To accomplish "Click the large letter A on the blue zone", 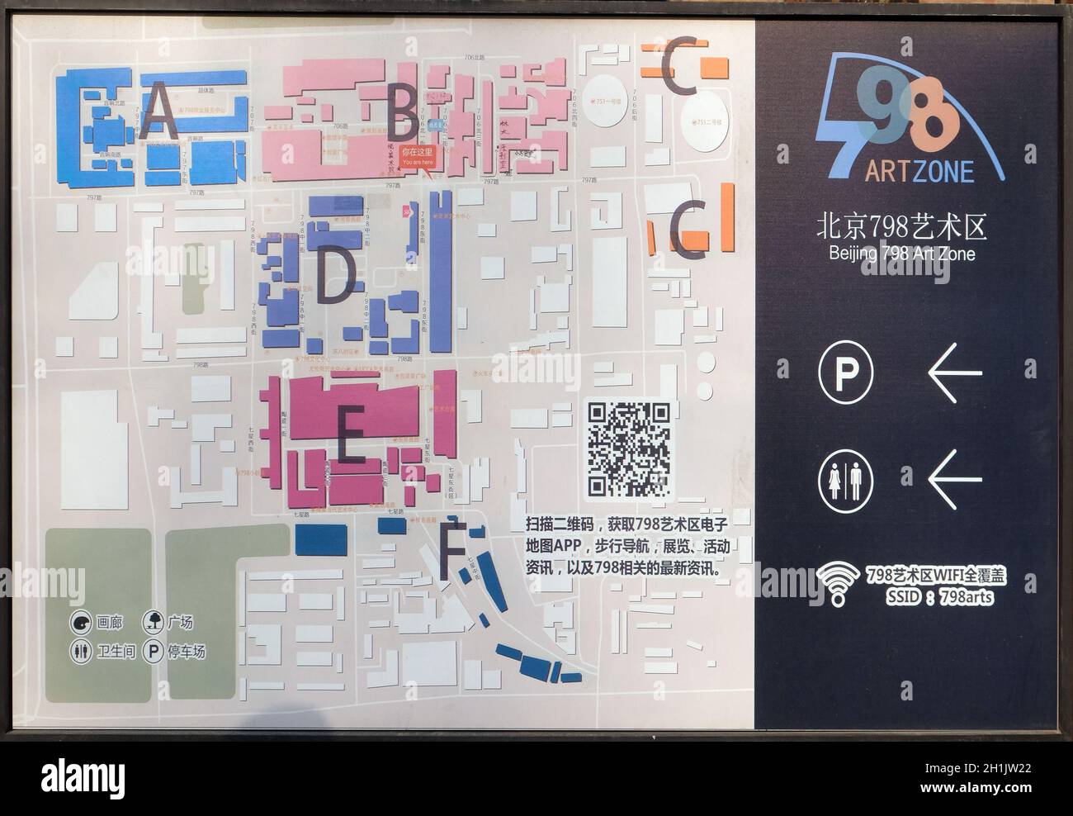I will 158,113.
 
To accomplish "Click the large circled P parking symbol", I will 845,373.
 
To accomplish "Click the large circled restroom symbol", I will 845,478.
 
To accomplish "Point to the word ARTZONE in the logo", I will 919,171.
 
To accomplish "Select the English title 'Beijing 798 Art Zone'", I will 901,254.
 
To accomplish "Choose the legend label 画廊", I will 109,624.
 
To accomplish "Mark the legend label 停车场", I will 187,652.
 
